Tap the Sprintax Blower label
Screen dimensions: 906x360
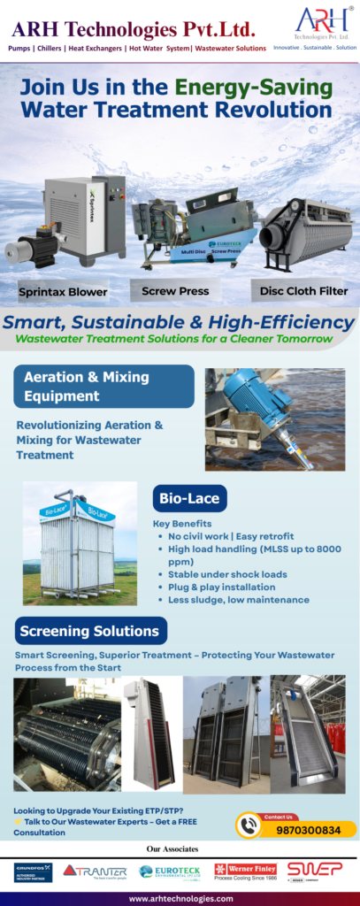point(63,291)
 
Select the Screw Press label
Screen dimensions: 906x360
point(174,290)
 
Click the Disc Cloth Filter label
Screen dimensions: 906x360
point(303,290)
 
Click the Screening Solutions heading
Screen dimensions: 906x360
point(90,631)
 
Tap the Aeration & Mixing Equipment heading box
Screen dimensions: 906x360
point(103,387)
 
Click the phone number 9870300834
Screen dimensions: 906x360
point(309,830)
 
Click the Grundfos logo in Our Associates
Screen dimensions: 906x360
point(33,871)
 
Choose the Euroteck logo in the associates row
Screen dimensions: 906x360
point(170,871)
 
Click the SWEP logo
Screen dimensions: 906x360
point(314,871)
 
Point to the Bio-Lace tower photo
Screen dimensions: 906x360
point(80,542)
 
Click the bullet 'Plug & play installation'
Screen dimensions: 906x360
point(221,587)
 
